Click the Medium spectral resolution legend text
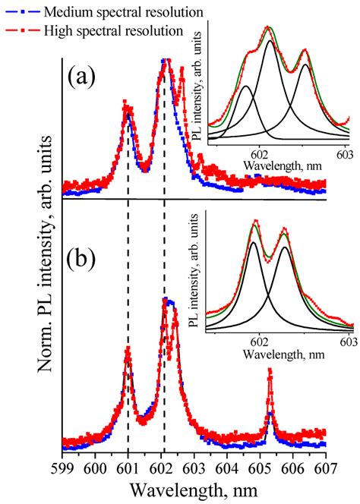[124, 12]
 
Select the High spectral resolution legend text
[114, 31]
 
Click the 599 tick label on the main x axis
[62, 468]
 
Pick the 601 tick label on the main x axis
[128, 468]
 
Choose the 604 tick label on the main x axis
[227, 468]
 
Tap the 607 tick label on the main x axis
[326, 468]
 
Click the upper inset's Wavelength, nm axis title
[283, 165]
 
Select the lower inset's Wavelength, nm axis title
[283, 354]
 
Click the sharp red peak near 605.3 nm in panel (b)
[270, 372]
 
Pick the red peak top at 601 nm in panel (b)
[128, 349]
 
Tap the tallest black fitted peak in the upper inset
[270, 41]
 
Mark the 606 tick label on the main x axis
[293, 468]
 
